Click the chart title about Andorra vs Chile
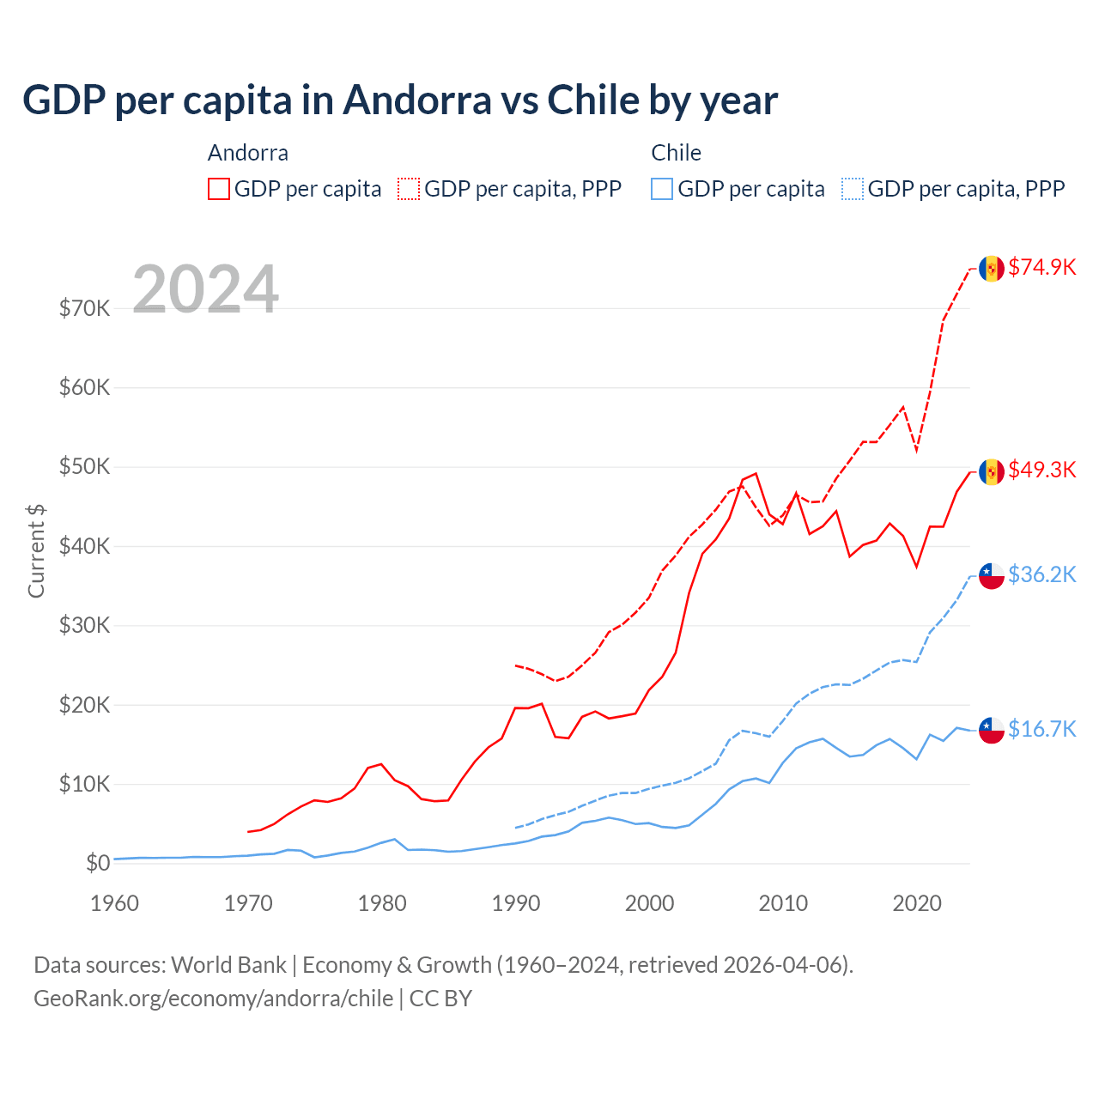(x=400, y=100)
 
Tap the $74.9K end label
(x=1041, y=267)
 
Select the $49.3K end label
(x=1041, y=470)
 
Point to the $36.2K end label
(x=1041, y=574)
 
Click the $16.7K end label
(x=1041, y=729)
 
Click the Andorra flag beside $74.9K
(x=992, y=268)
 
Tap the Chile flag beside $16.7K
(x=992, y=730)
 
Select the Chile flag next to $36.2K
(x=992, y=575)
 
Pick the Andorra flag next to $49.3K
(x=992, y=471)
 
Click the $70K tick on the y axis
(x=84, y=308)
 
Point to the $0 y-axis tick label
(x=98, y=863)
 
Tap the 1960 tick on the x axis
(x=114, y=903)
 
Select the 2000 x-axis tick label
(x=649, y=903)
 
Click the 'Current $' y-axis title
(x=36, y=551)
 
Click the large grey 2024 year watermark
(x=205, y=289)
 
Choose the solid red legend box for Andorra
(x=219, y=189)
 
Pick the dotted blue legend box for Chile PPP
(x=853, y=189)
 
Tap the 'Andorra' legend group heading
(x=248, y=153)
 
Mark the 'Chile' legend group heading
(x=676, y=153)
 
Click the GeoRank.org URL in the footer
(x=213, y=999)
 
